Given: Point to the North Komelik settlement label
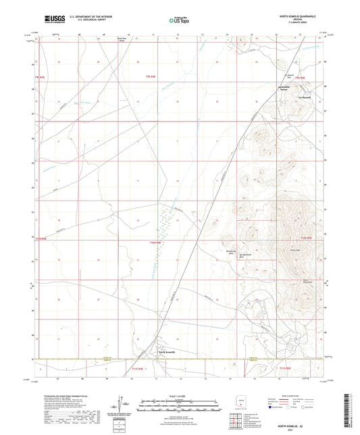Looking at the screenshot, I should pyautogui.click(x=167, y=352).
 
